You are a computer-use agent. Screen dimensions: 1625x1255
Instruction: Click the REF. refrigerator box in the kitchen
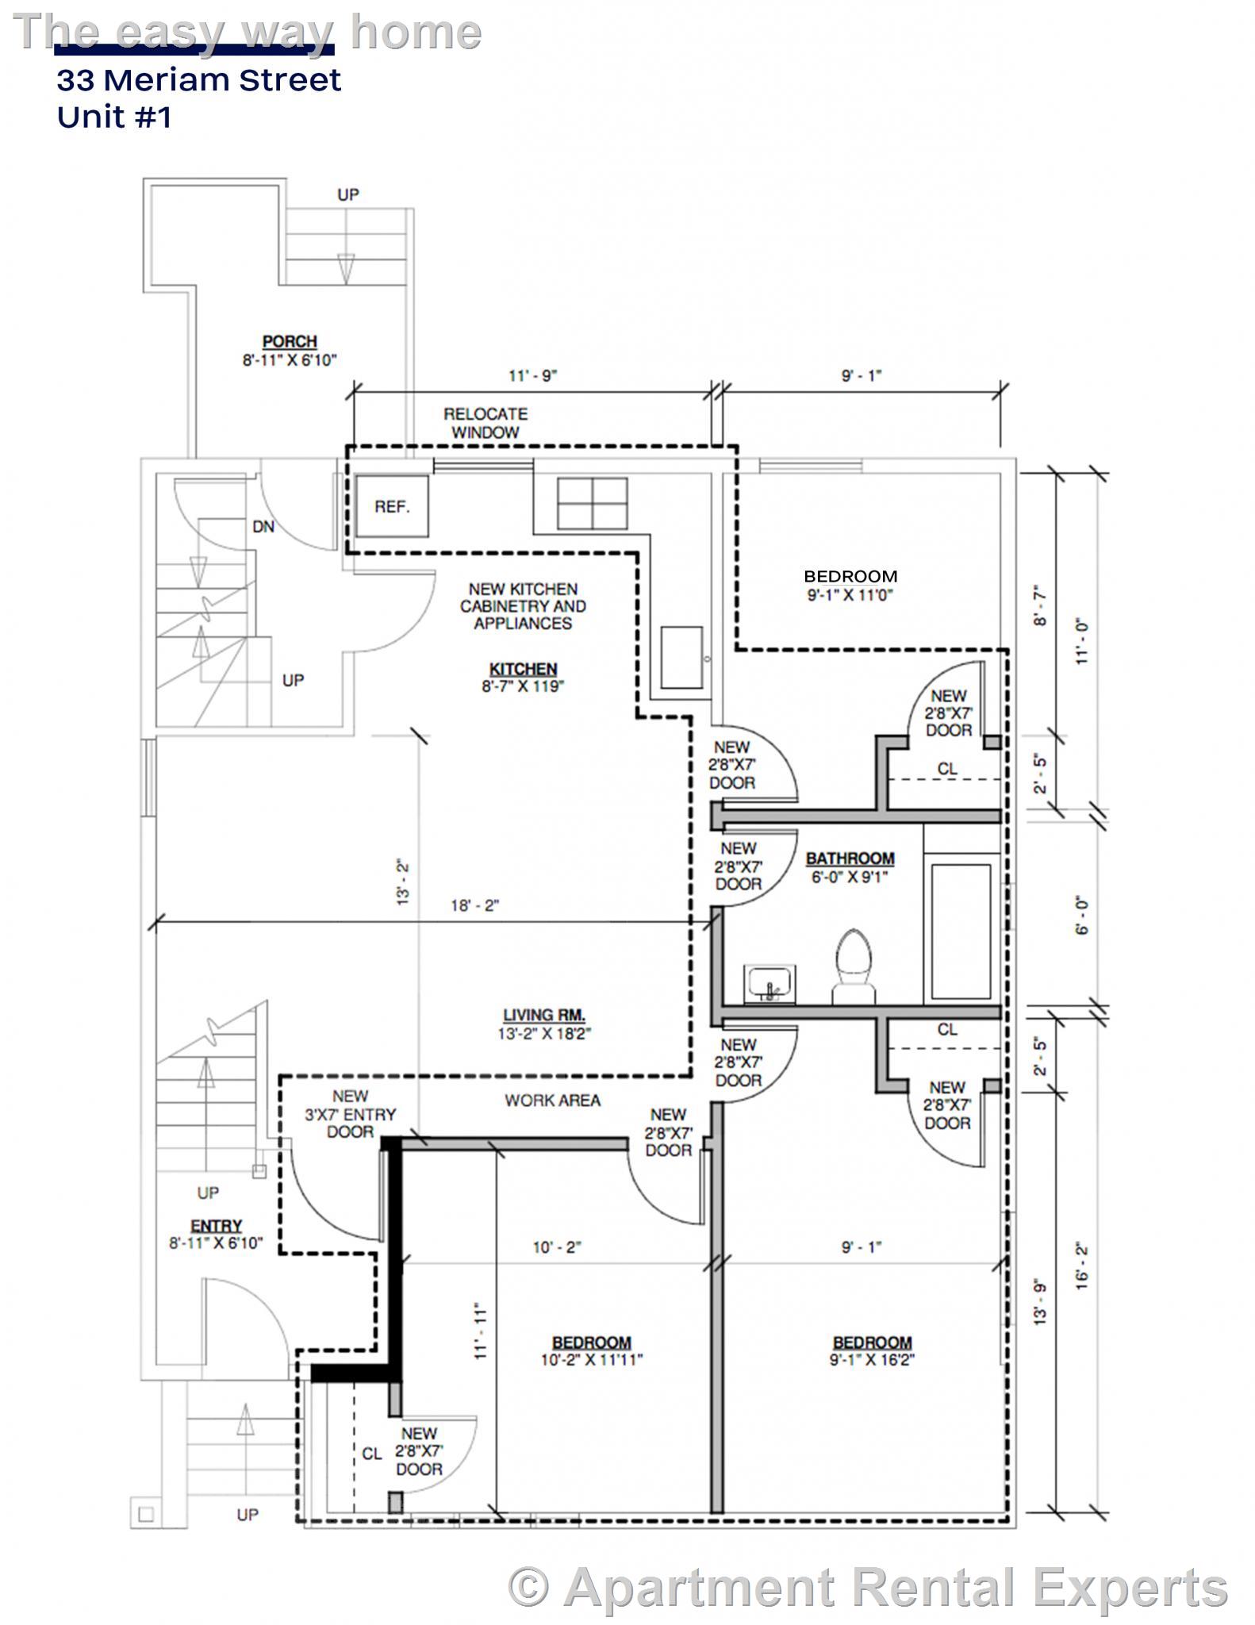click(x=392, y=506)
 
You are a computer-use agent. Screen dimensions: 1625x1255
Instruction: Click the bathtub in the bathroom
click(x=961, y=931)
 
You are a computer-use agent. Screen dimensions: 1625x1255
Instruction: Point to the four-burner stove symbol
click(x=592, y=503)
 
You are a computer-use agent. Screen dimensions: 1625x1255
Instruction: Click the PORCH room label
click(x=290, y=342)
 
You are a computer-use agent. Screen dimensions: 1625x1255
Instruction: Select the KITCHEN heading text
click(x=523, y=669)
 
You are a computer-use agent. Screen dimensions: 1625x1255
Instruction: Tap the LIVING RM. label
click(x=544, y=1015)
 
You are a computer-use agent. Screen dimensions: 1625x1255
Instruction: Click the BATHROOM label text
click(x=850, y=859)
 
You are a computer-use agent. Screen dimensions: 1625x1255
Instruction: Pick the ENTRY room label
click(x=216, y=1226)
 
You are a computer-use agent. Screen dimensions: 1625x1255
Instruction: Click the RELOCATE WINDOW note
click(x=485, y=423)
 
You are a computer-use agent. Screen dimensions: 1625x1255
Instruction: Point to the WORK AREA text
click(x=552, y=1101)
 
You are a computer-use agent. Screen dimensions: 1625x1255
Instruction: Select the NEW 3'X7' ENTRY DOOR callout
click(x=350, y=1114)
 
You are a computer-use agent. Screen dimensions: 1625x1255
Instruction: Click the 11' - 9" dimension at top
click(x=532, y=375)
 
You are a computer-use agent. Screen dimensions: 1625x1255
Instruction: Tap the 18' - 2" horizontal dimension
click(x=474, y=905)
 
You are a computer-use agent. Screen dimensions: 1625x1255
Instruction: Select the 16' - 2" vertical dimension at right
click(x=1082, y=1266)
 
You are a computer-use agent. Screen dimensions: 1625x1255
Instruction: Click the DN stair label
click(x=263, y=527)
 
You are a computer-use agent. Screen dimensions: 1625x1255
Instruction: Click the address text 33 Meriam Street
click(x=198, y=80)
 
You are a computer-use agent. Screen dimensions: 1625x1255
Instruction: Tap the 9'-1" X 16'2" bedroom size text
click(x=872, y=1360)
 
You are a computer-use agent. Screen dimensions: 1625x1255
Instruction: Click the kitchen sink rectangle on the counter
click(x=681, y=657)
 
